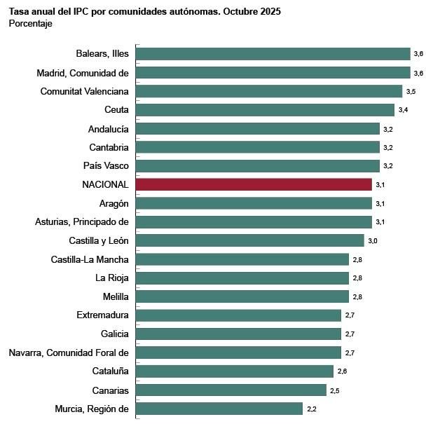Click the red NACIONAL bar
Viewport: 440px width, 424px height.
click(254, 184)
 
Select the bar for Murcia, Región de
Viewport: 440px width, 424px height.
click(219, 409)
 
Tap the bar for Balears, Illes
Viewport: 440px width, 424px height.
click(273, 54)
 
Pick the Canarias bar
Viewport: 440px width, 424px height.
click(231, 390)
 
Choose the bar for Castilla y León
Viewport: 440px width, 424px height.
click(249, 240)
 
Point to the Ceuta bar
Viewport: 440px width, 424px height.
click(265, 110)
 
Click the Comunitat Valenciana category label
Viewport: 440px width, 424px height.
click(84, 91)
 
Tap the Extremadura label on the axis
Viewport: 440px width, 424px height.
click(102, 315)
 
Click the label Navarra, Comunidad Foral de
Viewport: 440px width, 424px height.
click(69, 353)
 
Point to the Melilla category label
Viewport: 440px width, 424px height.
click(115, 296)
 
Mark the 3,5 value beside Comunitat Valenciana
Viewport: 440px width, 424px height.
click(411, 92)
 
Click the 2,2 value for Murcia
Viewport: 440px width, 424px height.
click(312, 409)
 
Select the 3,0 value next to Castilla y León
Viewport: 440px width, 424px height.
click(373, 241)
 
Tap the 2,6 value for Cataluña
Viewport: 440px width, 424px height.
click(342, 371)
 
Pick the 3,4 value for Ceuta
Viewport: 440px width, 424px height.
click(403, 111)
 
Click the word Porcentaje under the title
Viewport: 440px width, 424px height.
click(30, 24)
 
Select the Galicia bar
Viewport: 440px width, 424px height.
click(238, 334)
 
